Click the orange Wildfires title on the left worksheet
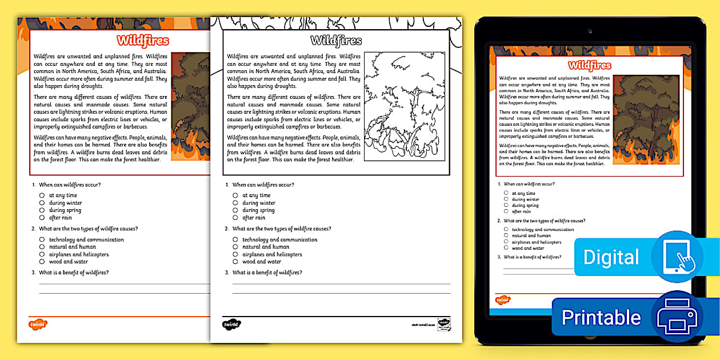[143, 41]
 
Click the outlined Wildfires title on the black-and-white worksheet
[336, 41]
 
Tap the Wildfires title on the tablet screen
[590, 65]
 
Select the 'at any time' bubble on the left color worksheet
[42, 195]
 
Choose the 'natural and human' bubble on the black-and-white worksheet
[235, 247]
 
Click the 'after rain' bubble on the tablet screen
[506, 211]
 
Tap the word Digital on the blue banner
[611, 257]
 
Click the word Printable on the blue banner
[601, 317]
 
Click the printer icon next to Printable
[677, 317]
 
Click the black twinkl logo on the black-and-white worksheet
[231, 324]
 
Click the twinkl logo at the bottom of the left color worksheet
[38, 324]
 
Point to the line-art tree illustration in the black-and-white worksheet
[405, 106]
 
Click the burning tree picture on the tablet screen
[646, 120]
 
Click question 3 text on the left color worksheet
[73, 273]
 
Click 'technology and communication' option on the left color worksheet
[86, 239]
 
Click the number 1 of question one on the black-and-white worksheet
[227, 185]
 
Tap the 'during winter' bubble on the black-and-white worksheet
[235, 203]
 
